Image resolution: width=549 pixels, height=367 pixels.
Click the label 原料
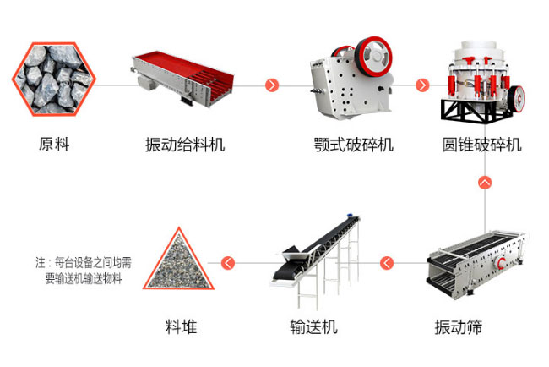click(54, 145)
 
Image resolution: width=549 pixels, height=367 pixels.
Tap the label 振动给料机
click(185, 145)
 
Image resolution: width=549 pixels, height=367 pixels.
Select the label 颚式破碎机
click(353, 145)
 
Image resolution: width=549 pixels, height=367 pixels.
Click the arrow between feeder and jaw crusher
click(272, 85)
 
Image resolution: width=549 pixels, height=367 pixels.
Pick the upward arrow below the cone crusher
click(485, 181)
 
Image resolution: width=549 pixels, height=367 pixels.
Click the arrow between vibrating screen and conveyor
click(388, 262)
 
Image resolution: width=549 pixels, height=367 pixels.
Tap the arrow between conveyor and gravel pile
click(227, 262)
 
